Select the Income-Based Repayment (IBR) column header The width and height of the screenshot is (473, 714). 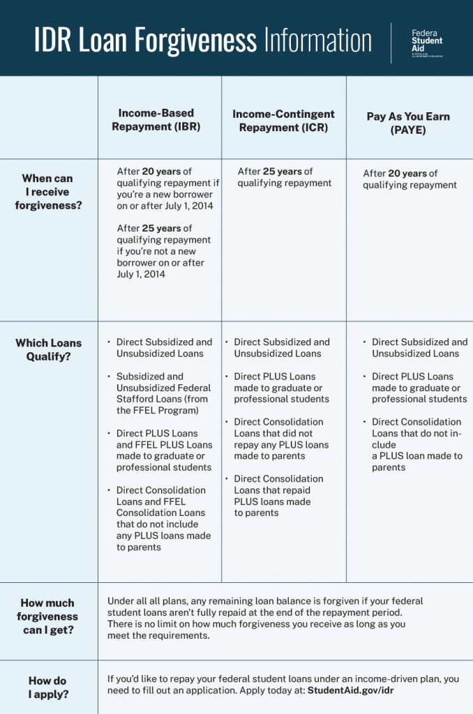[x=156, y=119]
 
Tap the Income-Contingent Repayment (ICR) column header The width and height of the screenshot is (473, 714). [x=283, y=121]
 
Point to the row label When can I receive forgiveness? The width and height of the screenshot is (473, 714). [x=47, y=192]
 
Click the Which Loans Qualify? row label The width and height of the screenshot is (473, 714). [x=48, y=349]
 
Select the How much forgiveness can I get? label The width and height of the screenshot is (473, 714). [x=47, y=616]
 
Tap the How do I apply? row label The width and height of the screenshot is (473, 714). [x=47, y=688]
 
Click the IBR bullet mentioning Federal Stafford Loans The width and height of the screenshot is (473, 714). [x=163, y=393]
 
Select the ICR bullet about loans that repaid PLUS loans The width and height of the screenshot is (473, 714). [x=278, y=496]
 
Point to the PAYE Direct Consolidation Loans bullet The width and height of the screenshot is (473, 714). [x=416, y=444]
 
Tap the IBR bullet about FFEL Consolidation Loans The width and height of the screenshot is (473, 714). [x=163, y=519]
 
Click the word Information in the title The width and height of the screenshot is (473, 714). [x=317, y=40]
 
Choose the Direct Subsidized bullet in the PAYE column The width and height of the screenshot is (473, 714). [x=419, y=347]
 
